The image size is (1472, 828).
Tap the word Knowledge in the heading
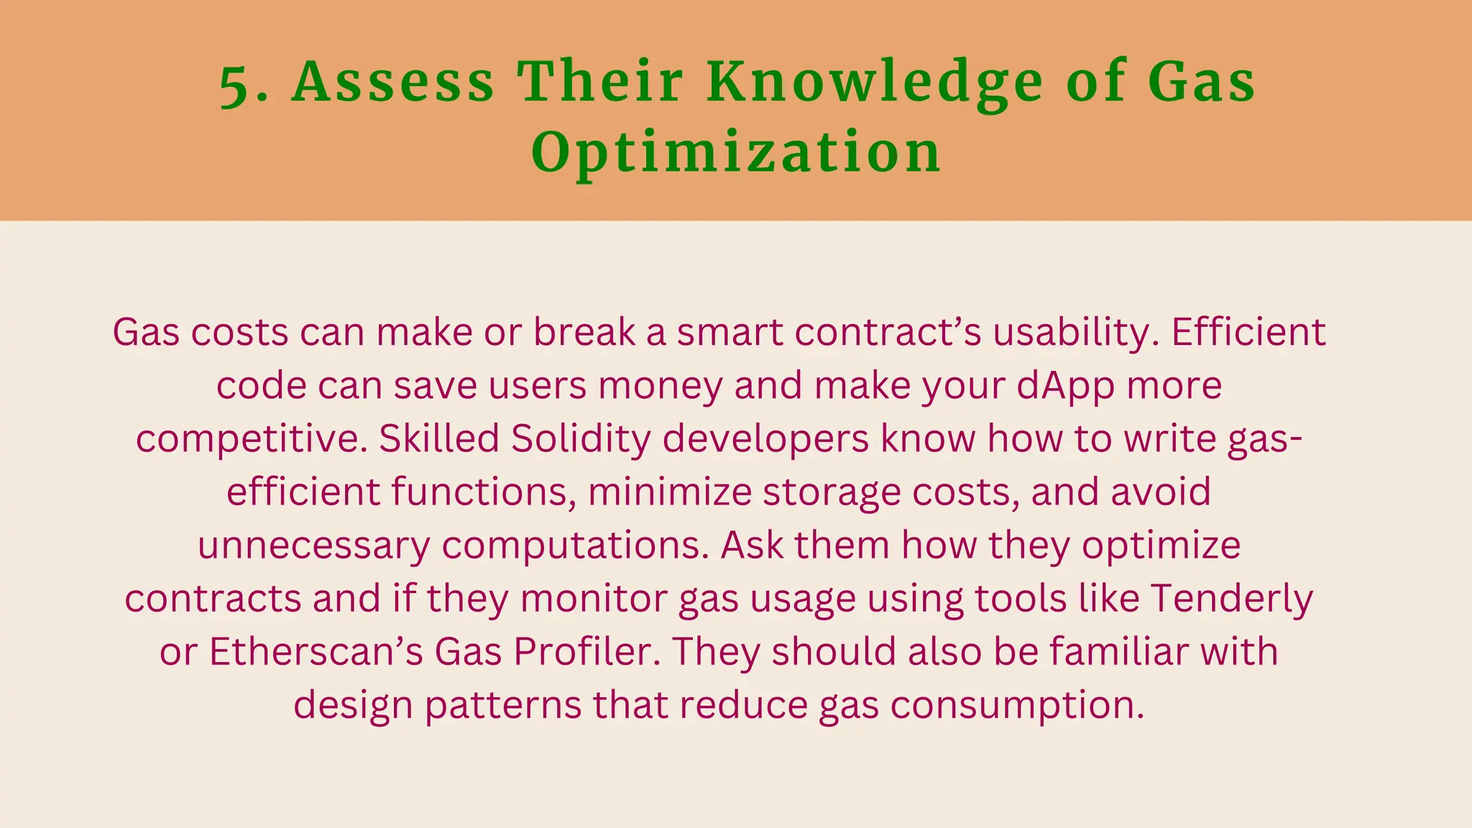click(x=874, y=83)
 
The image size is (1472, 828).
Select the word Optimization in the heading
click(x=736, y=152)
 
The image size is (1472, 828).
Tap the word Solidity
click(x=581, y=438)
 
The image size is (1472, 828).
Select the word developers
click(x=765, y=438)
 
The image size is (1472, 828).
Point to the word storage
click(x=832, y=492)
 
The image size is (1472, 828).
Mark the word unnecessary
click(x=313, y=546)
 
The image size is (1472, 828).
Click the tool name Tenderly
click(x=1232, y=599)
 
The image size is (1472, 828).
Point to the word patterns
click(x=503, y=705)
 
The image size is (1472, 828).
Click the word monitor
click(x=594, y=599)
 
